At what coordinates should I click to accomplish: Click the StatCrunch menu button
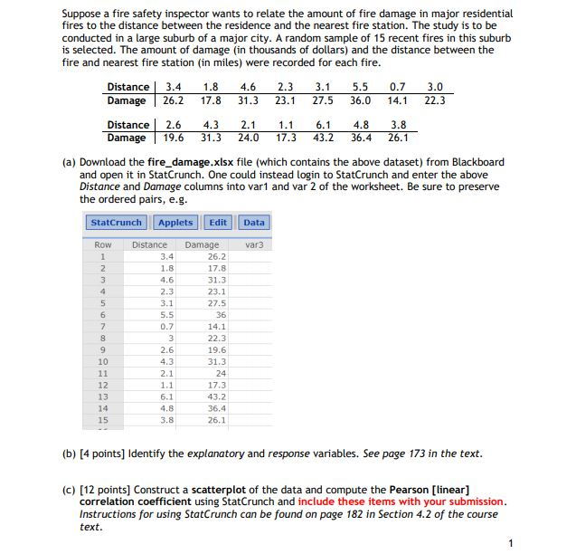tap(117, 222)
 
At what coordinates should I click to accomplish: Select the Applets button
tap(175, 222)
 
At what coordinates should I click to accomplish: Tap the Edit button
tap(218, 222)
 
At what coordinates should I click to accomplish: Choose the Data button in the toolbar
tap(254, 222)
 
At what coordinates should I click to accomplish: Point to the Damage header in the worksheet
tap(202, 244)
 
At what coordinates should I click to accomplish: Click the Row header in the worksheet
tap(102, 244)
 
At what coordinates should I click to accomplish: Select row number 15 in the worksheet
tap(102, 420)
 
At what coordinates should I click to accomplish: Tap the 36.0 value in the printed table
tap(361, 100)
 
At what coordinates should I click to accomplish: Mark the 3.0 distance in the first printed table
tap(435, 87)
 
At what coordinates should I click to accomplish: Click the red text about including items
tap(401, 501)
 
